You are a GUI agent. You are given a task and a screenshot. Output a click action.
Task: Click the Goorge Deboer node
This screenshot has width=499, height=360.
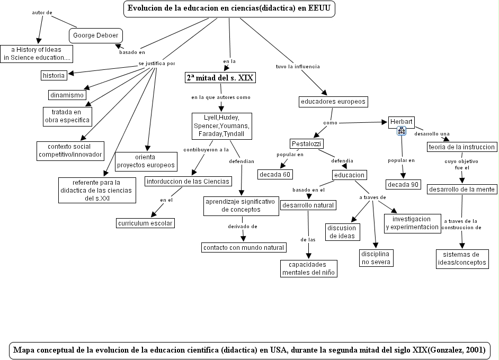coord(96,35)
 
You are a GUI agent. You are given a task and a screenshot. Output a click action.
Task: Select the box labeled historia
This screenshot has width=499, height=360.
coord(54,75)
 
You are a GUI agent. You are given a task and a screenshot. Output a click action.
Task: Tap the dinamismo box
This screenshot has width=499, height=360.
coord(67,95)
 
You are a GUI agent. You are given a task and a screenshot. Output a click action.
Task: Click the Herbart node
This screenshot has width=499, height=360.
coord(401,121)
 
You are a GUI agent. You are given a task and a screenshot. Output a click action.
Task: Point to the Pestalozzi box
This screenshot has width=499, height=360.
coord(306,143)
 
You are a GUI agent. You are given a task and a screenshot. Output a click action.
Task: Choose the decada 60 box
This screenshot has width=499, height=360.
coord(275,174)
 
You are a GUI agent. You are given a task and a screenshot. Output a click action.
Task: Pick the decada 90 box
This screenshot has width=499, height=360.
coord(404,184)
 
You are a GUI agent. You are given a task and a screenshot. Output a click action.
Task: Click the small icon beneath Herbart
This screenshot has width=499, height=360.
coord(401,131)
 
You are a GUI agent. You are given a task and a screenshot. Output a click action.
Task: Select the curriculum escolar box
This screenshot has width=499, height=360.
coord(146,223)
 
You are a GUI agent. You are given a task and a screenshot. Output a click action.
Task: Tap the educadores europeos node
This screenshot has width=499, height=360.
coord(332,101)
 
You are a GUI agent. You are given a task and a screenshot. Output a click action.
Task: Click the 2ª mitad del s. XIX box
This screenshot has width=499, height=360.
coord(220,78)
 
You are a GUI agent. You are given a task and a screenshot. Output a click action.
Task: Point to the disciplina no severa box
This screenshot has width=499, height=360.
coord(376,258)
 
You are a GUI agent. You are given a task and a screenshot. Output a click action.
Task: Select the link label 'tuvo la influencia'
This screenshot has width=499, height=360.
coord(298,67)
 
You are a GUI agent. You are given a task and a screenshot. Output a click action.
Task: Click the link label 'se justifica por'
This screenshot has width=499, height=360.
coord(156,64)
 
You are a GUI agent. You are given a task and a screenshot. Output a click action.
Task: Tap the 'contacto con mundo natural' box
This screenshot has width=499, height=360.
coord(244,247)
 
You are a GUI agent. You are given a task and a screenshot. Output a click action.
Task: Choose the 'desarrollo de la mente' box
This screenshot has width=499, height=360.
coord(462,189)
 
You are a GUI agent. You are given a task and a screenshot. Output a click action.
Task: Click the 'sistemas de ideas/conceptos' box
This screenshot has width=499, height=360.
coord(461,258)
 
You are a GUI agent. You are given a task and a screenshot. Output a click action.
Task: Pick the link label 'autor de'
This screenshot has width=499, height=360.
coord(42,12)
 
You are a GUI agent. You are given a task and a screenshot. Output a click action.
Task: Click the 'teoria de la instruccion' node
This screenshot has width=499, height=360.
coord(462,147)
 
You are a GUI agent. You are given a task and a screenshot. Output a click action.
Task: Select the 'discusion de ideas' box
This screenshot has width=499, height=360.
coord(341,232)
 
